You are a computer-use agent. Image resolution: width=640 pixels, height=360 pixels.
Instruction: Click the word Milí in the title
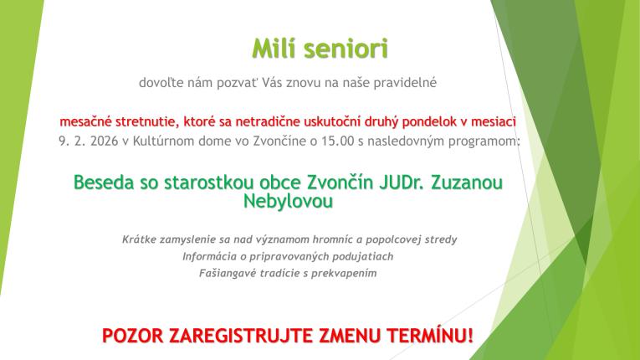pos(274,49)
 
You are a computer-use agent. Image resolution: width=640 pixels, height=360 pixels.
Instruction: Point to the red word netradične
pos(276,121)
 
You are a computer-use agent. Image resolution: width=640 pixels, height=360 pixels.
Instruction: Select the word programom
pos(483,141)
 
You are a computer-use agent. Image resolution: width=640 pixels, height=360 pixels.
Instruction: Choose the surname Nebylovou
pos(289,201)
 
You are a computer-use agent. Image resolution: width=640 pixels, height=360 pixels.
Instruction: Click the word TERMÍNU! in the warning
pos(430,337)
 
